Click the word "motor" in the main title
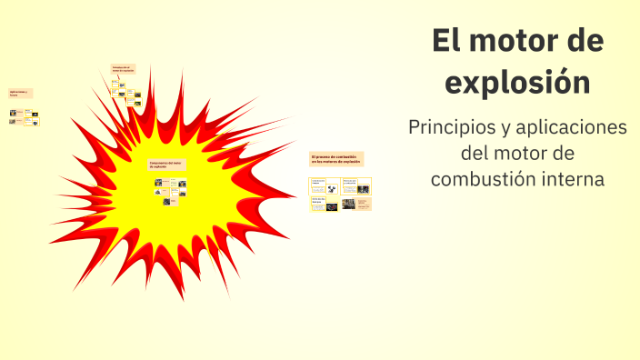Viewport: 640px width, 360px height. tap(515, 41)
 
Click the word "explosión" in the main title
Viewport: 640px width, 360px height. tap(519, 82)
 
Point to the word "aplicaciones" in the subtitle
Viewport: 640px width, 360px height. tap(575, 127)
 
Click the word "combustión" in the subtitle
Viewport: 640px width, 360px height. tap(479, 178)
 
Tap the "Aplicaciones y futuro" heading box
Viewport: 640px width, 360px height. tap(20, 93)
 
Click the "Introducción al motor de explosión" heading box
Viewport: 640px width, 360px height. tap(123, 68)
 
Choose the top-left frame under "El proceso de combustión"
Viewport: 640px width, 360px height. tap(325, 185)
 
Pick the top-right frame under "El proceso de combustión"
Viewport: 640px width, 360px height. tap(356, 185)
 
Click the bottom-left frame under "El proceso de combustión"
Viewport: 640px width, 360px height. tap(325, 204)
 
